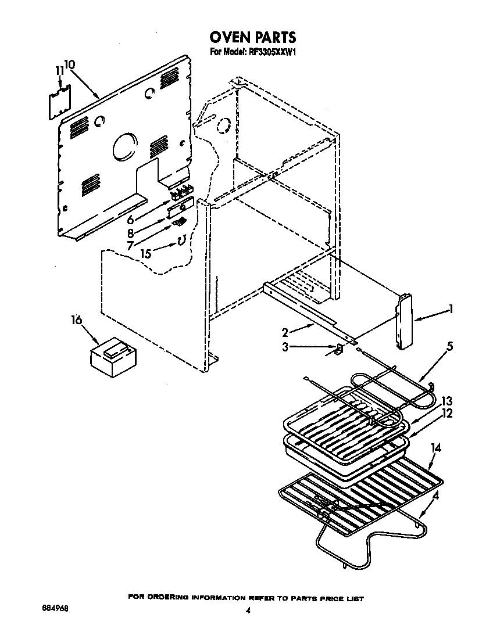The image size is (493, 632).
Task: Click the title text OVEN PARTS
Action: [252, 38]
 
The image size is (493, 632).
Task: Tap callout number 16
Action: [76, 320]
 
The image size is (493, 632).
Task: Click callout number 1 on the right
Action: [451, 310]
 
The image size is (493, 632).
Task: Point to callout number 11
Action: [59, 71]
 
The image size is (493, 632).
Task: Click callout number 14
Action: [436, 447]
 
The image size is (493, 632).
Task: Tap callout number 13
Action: [446, 401]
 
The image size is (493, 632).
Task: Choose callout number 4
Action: [436, 495]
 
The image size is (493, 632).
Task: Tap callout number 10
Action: [69, 64]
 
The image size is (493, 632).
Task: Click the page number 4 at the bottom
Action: [248, 611]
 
